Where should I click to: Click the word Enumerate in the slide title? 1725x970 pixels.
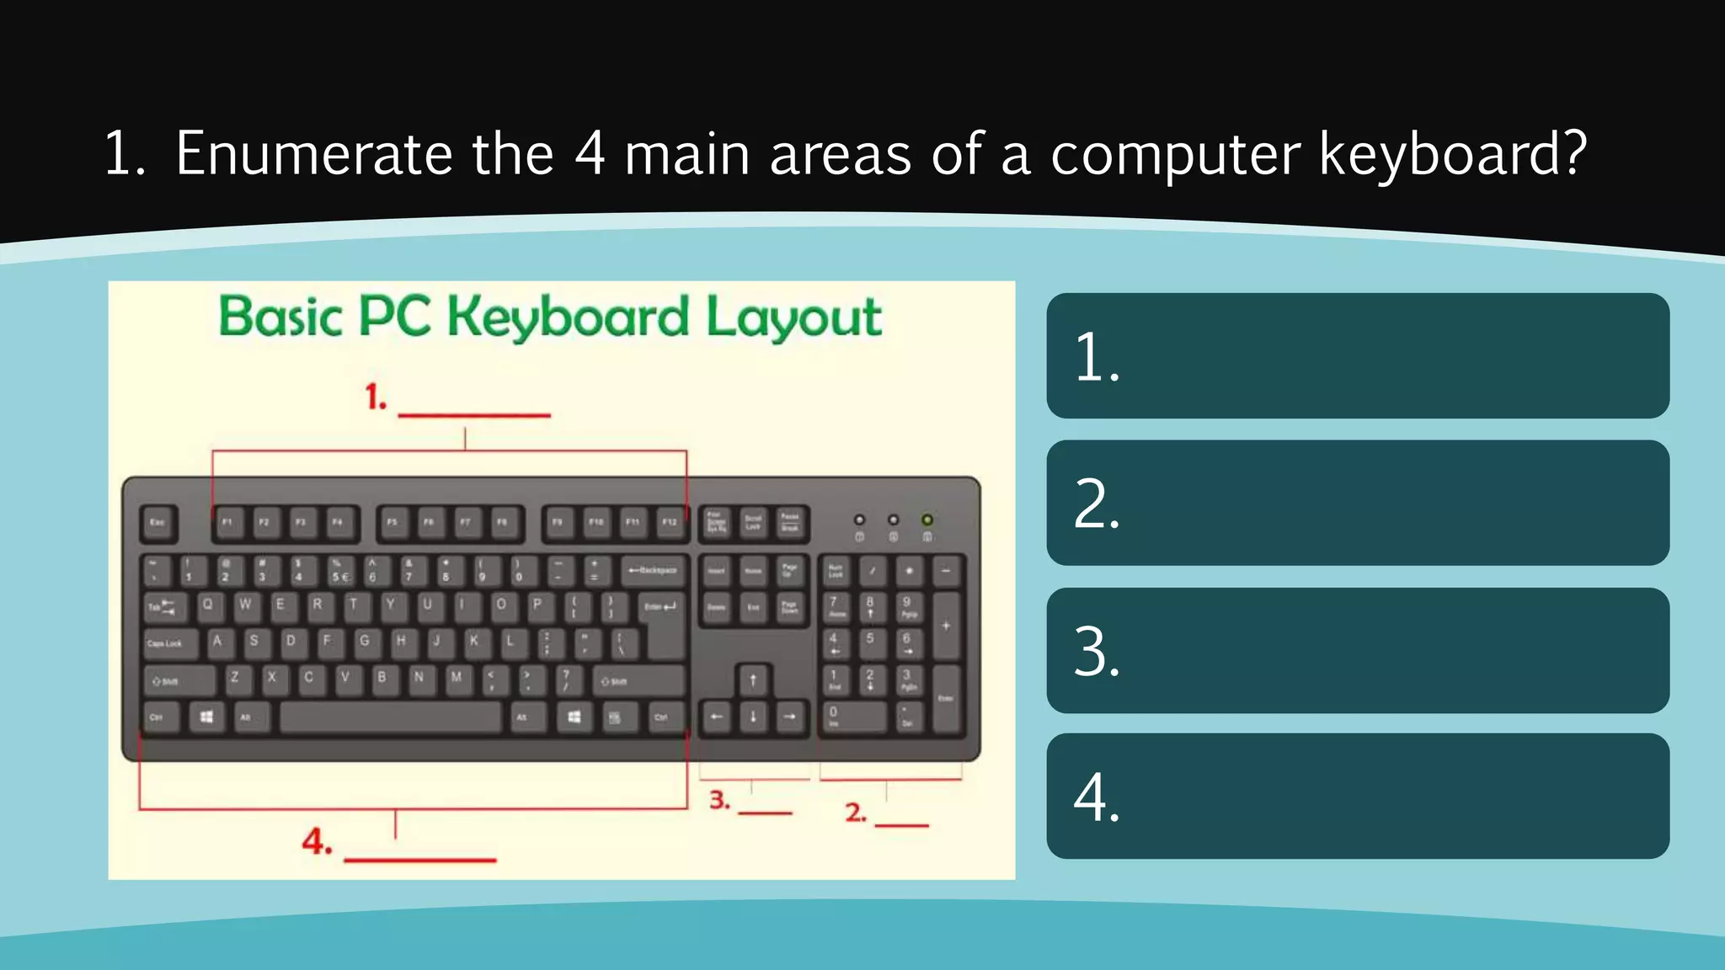(x=313, y=154)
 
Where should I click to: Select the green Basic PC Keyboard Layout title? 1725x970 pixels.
(x=550, y=317)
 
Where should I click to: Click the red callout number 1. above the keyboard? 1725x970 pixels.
(x=376, y=397)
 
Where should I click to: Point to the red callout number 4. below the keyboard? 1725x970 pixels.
(x=317, y=842)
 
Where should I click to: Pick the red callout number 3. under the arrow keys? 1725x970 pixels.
(x=719, y=800)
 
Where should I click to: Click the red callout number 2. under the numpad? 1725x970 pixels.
(x=856, y=813)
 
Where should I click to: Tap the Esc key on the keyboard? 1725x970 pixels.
(x=158, y=523)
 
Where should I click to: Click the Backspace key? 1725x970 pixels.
(x=654, y=571)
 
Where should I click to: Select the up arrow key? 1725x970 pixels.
(x=753, y=680)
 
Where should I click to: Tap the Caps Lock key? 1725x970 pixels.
(x=169, y=643)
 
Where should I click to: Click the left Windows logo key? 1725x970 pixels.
(x=206, y=717)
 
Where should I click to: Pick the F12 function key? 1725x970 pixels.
(x=670, y=523)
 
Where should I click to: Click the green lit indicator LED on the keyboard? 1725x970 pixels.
(x=927, y=520)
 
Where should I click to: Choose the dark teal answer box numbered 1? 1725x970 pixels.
(x=1357, y=356)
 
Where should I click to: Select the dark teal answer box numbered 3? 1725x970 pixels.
(x=1357, y=651)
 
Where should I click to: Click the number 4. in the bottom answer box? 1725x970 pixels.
(x=1097, y=797)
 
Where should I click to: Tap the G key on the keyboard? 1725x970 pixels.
(x=365, y=642)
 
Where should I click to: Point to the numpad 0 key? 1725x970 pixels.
(x=852, y=717)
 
